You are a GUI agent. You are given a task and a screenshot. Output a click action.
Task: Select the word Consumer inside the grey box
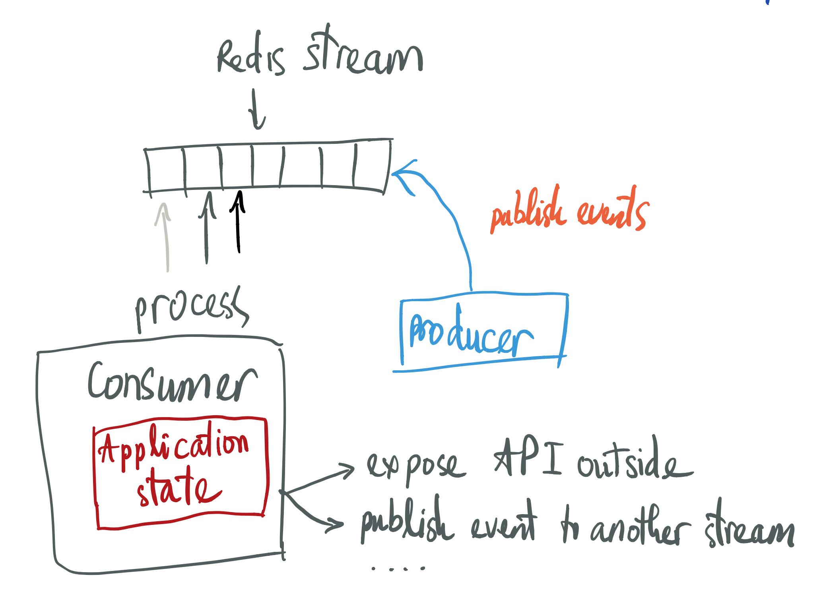pos(172,383)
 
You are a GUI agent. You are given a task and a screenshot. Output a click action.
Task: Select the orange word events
pos(612,211)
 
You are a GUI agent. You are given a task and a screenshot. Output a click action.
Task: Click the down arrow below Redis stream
pos(256,109)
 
